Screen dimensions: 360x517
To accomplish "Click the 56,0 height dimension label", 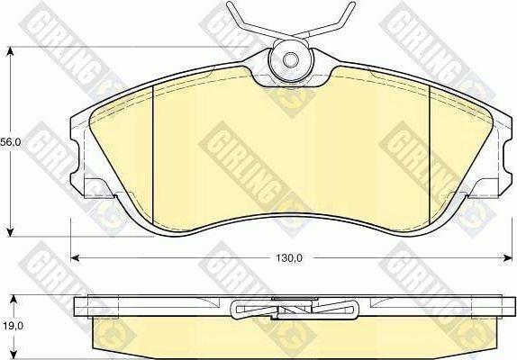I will tap(11, 142).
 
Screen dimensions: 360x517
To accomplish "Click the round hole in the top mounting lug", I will tap(291, 60).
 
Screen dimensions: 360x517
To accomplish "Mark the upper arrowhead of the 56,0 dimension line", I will tap(10, 51).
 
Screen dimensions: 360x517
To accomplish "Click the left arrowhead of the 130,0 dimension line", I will tap(75, 258).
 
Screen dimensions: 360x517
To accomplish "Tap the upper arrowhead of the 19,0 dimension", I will tap(10, 298).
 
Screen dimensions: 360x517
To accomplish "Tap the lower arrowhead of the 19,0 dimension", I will tap(10, 353).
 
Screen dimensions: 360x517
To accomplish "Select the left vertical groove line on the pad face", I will tap(154, 157).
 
